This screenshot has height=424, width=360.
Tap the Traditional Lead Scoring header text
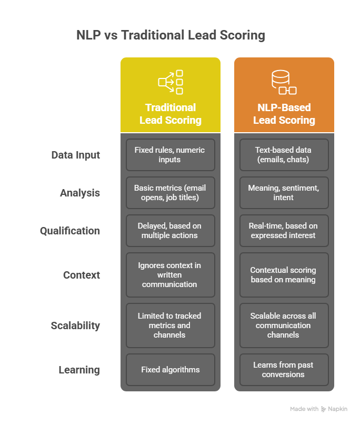coord(171,114)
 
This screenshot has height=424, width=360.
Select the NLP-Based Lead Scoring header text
coord(284,114)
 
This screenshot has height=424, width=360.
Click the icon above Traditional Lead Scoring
coord(171,82)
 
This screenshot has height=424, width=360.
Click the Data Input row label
coord(75,155)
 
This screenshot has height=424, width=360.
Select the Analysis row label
coord(79,193)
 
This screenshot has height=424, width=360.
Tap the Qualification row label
coord(70,231)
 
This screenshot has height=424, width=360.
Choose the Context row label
coord(82,275)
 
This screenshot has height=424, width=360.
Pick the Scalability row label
coord(75,326)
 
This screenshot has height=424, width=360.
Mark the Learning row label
coord(79,370)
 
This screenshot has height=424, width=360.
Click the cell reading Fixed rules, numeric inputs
coord(171,155)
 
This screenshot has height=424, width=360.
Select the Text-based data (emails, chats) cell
coord(284,155)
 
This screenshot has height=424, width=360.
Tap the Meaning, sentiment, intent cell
coord(284,193)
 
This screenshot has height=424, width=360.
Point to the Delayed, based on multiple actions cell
coord(171,231)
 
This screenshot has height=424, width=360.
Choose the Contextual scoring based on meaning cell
coord(284,275)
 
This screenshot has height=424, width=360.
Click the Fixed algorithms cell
coord(171,370)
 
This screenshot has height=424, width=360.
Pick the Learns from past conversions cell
coord(284,370)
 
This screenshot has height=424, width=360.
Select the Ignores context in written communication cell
coord(171,275)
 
